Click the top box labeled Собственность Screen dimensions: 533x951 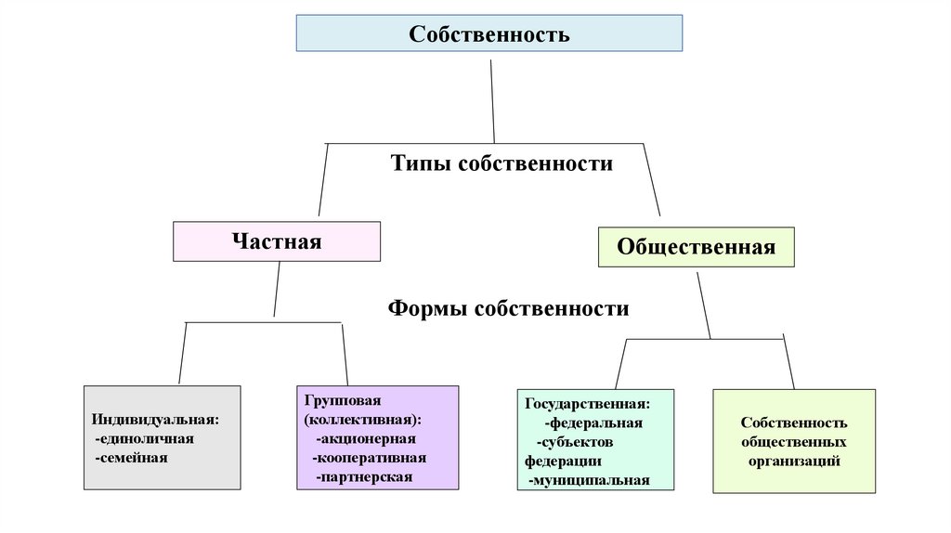point(489,33)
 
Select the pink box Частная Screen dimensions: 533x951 point(276,241)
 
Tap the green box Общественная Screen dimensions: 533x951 point(696,247)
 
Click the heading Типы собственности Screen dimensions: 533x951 point(502,163)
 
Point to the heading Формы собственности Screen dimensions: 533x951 point(508,308)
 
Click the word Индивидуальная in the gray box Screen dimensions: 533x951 point(154,419)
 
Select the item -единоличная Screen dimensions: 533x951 point(144,438)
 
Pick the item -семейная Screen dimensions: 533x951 point(131,458)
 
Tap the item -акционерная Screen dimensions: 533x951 point(365,439)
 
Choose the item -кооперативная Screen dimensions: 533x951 point(369,458)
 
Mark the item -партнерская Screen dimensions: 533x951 point(362,477)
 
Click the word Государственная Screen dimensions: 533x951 point(586,403)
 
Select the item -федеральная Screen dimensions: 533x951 point(593,422)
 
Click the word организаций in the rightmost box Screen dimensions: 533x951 point(794,461)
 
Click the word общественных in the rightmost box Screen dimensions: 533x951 point(794,442)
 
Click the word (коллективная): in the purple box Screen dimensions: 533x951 point(361,420)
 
